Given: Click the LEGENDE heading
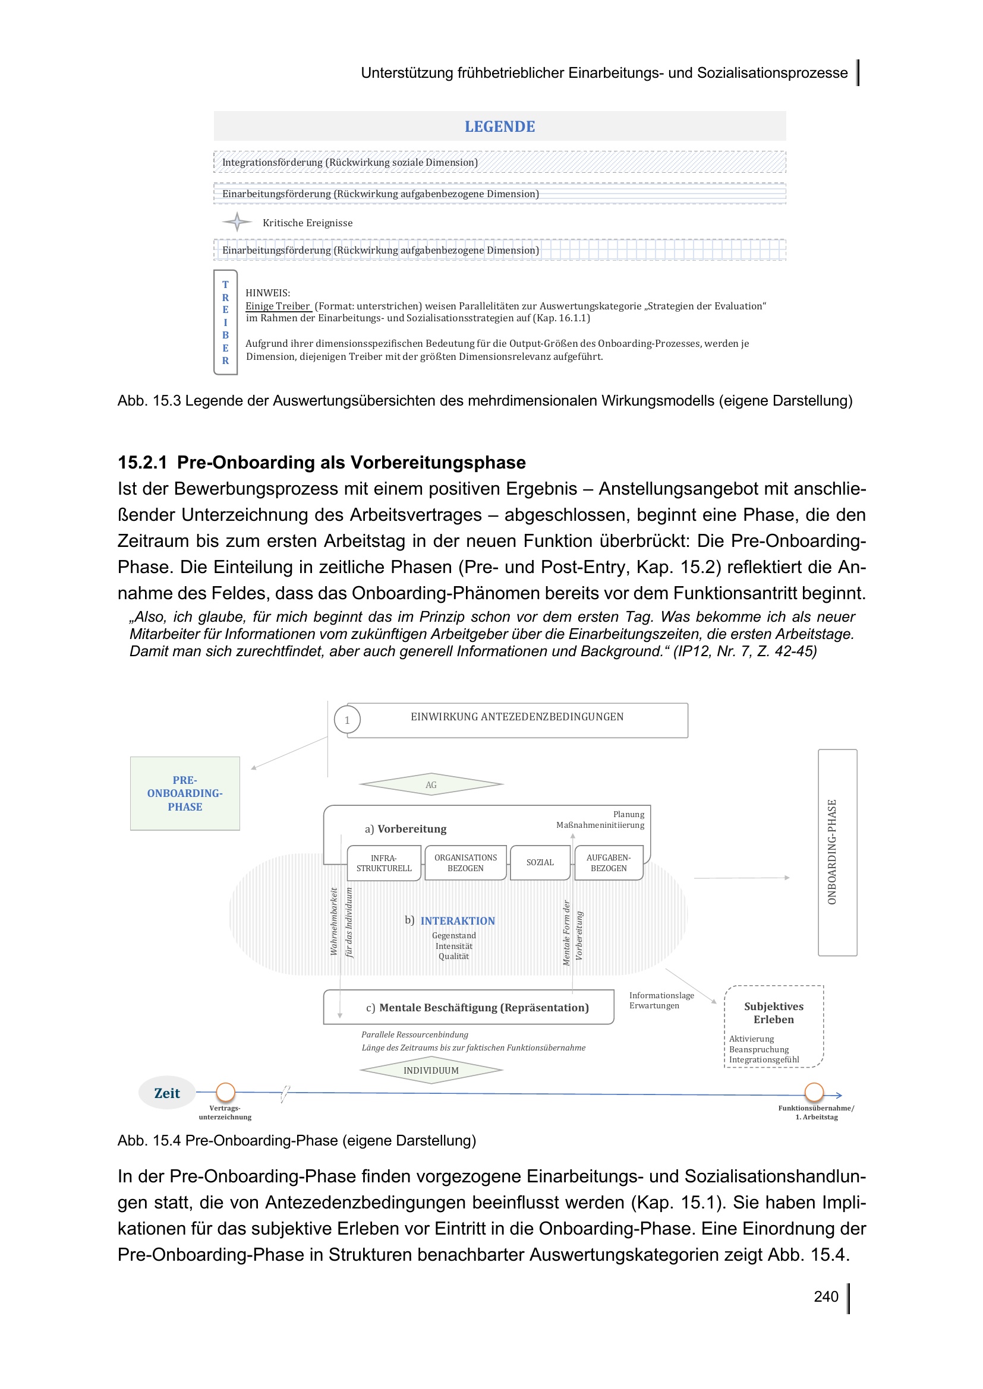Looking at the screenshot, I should click(x=499, y=126).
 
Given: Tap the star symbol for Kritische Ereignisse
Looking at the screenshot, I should click(x=237, y=222).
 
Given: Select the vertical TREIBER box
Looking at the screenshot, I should click(x=225, y=322).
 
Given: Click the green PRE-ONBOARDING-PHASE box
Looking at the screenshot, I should click(x=185, y=793).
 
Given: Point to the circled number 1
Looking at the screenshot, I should click(x=347, y=720).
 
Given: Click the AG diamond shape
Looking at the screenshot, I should click(x=431, y=784).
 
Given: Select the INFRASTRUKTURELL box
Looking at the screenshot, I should click(x=384, y=863).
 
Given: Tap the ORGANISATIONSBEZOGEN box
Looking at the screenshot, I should click(x=465, y=863).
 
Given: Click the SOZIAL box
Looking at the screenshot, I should click(x=540, y=862).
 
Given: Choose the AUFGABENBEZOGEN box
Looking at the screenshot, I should click(x=609, y=863).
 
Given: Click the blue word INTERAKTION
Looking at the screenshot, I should click(x=458, y=921).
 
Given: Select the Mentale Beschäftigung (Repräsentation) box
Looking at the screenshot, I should click(x=469, y=1007).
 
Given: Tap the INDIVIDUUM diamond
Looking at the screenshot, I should click(x=431, y=1070).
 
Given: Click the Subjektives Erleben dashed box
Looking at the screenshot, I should click(x=774, y=1026).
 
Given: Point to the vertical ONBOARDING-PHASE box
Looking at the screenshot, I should click(x=837, y=852).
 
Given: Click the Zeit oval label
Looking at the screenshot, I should click(x=167, y=1093).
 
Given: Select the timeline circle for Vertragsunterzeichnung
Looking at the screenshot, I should click(x=225, y=1092).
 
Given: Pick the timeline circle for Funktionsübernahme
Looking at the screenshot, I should click(x=814, y=1092).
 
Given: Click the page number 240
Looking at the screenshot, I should click(x=826, y=1296).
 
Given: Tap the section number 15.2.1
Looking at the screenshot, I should click(x=142, y=462).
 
